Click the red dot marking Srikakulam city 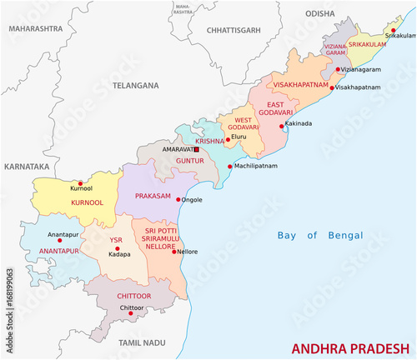[394, 29]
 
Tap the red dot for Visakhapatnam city [332, 87]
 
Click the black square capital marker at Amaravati [196, 149]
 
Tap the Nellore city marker [173, 251]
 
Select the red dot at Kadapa [118, 249]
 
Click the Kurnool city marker [80, 183]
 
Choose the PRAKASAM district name [150, 197]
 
